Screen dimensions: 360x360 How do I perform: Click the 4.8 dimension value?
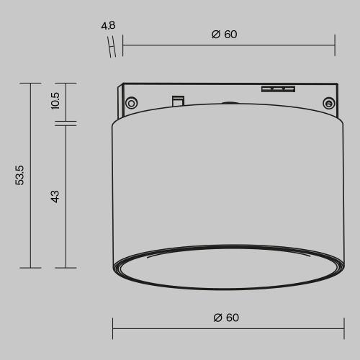(109, 26)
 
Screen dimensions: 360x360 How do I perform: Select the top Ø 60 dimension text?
(225, 35)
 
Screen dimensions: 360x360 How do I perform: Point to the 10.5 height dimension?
(55, 102)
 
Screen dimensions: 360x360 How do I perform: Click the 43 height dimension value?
(55, 196)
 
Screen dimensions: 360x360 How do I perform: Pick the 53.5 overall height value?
(20, 175)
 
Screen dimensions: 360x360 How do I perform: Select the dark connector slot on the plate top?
(278, 89)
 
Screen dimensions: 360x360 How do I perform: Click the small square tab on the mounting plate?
(176, 100)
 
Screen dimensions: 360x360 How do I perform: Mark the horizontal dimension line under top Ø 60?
(228, 48)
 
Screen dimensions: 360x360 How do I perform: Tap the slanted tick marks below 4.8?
(112, 47)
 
